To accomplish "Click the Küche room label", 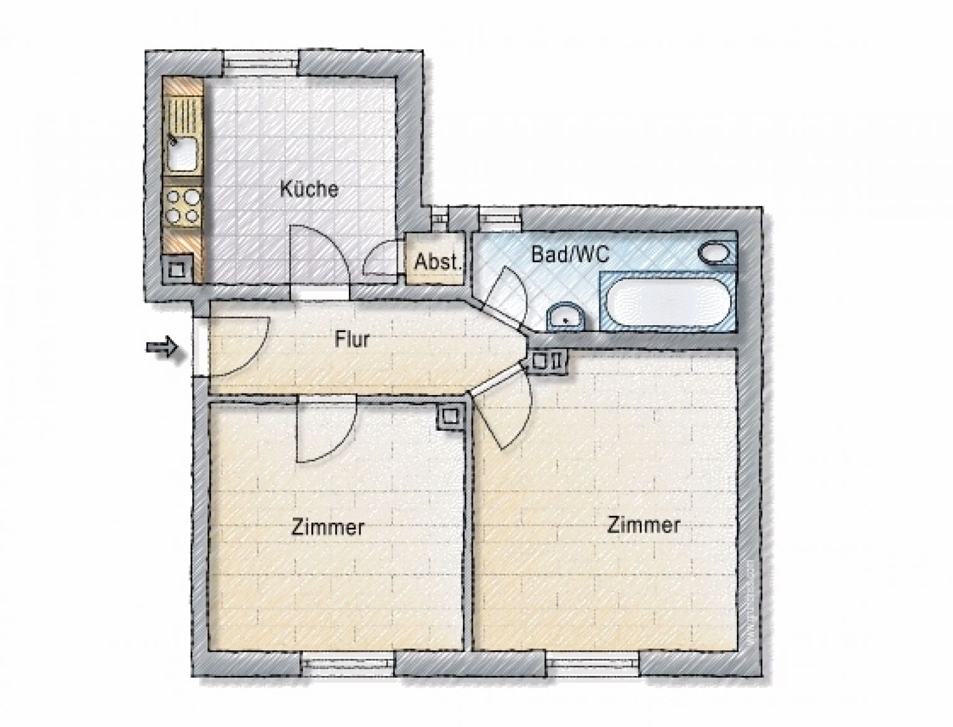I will point(309,188).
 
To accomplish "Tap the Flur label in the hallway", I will point(352,340).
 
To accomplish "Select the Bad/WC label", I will point(569,254).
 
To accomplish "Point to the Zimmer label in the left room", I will point(328,528).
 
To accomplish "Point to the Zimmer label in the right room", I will point(643,525).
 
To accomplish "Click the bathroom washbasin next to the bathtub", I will point(565,318).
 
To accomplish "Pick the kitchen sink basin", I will point(183,153).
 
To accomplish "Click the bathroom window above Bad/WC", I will point(500,219).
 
